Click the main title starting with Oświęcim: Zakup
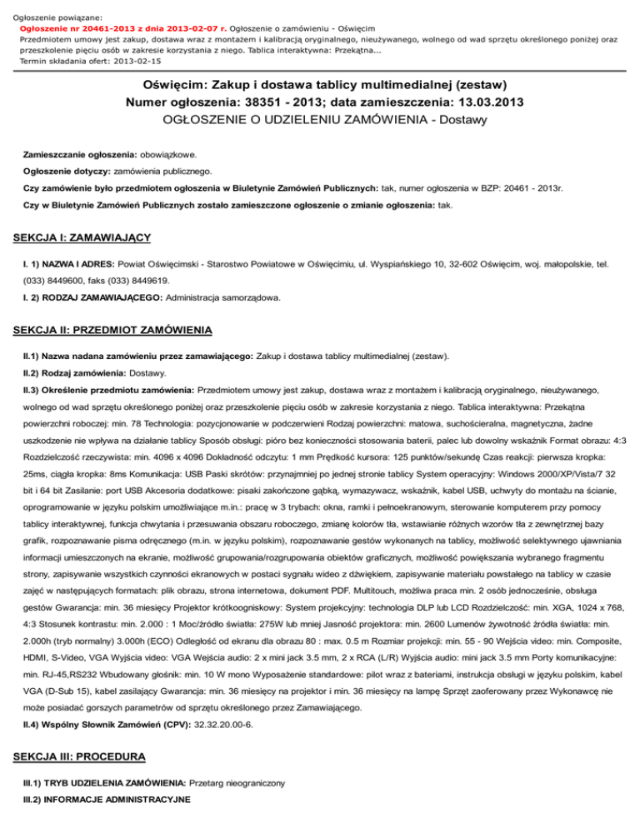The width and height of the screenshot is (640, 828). pos(320,86)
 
